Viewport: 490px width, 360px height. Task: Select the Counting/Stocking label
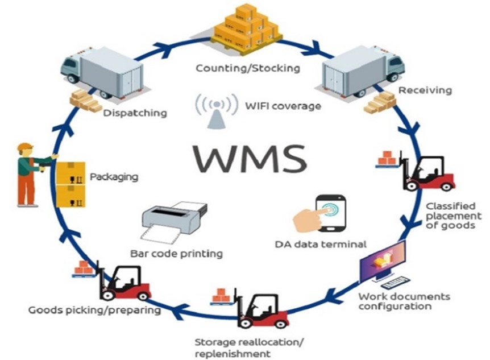pyautogui.click(x=247, y=68)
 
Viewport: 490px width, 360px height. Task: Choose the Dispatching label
pyautogui.click(x=135, y=113)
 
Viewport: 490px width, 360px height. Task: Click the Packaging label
pyautogui.click(x=114, y=176)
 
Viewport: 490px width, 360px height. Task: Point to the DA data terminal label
pyautogui.click(x=320, y=245)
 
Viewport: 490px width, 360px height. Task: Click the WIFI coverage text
pyautogui.click(x=275, y=106)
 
